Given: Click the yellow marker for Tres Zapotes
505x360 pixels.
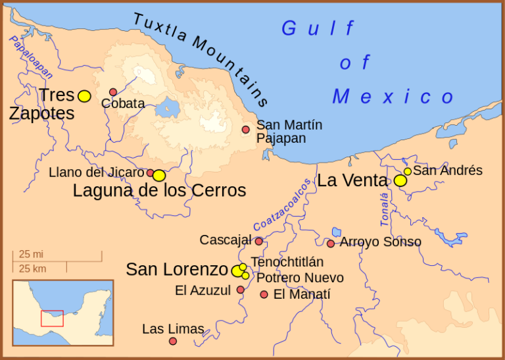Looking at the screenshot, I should pyautogui.click(x=84, y=96).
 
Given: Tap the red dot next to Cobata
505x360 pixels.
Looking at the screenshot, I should pyautogui.click(x=113, y=92).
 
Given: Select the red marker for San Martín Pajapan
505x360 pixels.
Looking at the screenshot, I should pyautogui.click(x=246, y=130).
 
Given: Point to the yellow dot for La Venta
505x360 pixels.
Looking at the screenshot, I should pyautogui.click(x=400, y=180).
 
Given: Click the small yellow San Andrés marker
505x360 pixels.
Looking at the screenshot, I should pyautogui.click(x=408, y=171).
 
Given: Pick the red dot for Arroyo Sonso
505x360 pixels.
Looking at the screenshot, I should pyautogui.click(x=331, y=244).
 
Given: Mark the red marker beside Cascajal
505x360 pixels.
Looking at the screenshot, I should pyautogui.click(x=259, y=241).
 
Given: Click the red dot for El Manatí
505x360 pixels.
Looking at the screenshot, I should pyautogui.click(x=264, y=294).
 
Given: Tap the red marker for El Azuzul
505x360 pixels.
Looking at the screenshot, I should pyautogui.click(x=241, y=290).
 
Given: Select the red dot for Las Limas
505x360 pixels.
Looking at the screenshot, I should pyautogui.click(x=173, y=341).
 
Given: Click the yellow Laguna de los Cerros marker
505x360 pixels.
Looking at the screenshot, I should pyautogui.click(x=159, y=176).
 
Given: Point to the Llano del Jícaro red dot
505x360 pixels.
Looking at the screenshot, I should pyautogui.click(x=150, y=173).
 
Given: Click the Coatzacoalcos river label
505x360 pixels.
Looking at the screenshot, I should pyautogui.click(x=282, y=205).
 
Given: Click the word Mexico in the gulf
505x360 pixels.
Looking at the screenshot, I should pyautogui.click(x=393, y=97).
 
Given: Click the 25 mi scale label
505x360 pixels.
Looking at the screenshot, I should pyautogui.click(x=31, y=254).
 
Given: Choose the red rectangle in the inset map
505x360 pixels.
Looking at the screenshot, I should pyautogui.click(x=52, y=318).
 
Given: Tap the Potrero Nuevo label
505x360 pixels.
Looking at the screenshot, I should pyautogui.click(x=300, y=278).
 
